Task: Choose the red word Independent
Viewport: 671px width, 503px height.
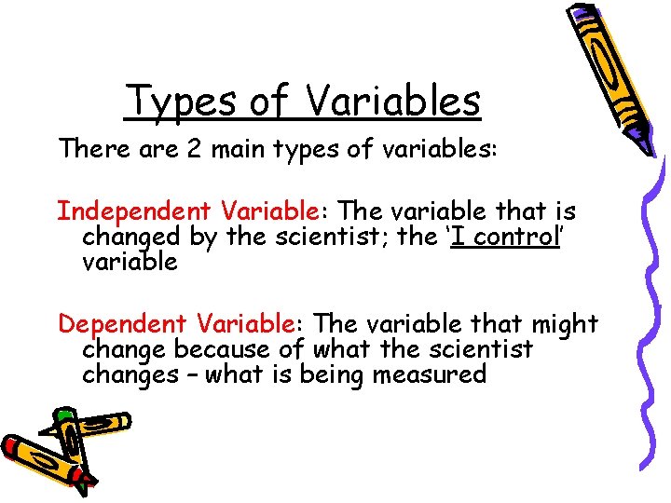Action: point(122,211)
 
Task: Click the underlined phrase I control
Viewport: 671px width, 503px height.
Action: point(504,237)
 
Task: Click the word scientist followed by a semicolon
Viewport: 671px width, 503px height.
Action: point(330,237)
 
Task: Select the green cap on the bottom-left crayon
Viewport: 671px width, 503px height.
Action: point(63,414)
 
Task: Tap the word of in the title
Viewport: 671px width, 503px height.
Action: point(269,102)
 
